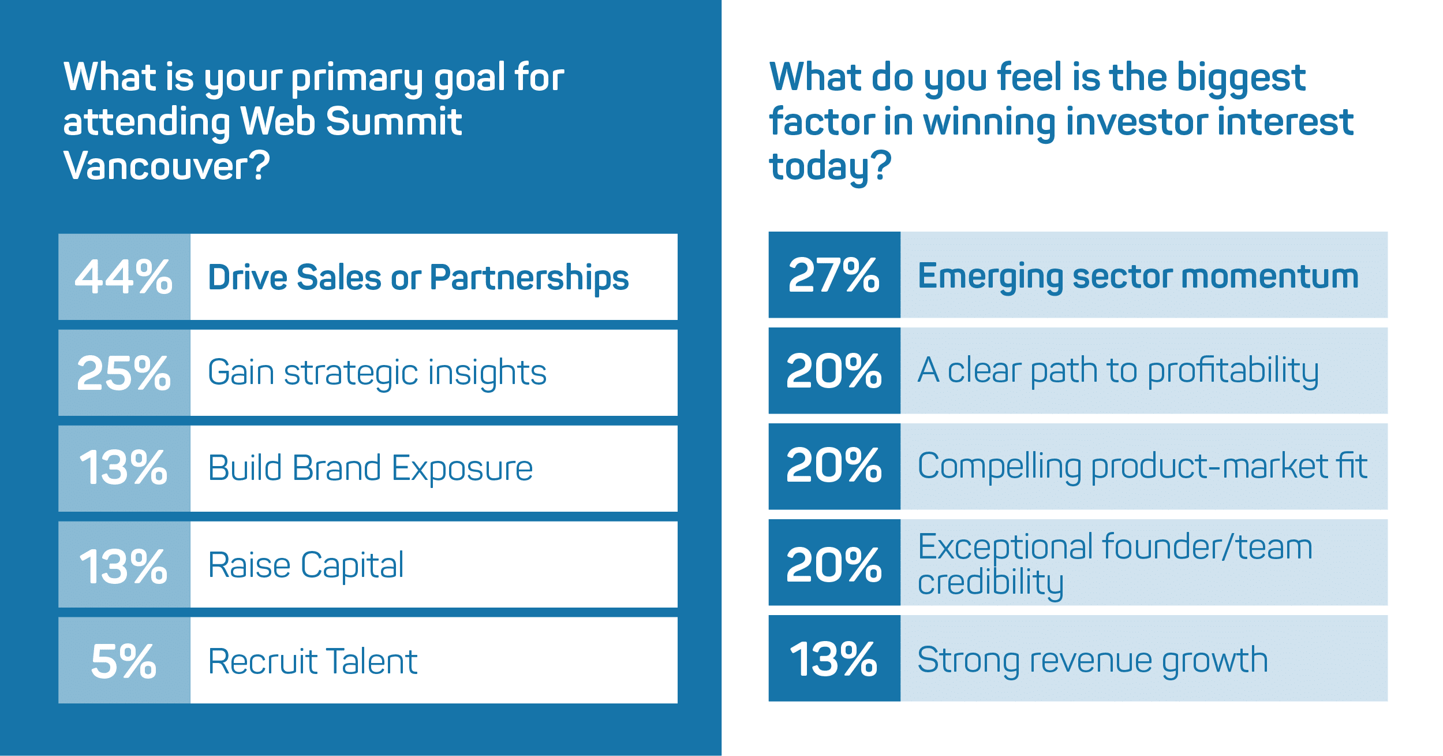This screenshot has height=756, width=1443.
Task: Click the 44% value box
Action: coord(124,277)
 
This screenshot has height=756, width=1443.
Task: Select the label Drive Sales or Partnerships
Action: coord(418,278)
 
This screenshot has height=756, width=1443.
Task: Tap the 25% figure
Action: coord(124,373)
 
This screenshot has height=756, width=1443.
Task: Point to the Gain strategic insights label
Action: coord(377,373)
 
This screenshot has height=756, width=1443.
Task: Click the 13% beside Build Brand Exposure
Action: coord(124,468)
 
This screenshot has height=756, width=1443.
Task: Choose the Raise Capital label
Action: coord(306,565)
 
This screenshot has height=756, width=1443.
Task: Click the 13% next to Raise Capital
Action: coord(124,567)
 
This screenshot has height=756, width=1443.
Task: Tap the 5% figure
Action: coord(124,662)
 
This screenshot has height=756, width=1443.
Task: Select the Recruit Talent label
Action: coord(312,661)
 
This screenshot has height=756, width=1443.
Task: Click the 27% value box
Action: coord(834,275)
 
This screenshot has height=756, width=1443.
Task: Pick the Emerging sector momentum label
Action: coord(1138,277)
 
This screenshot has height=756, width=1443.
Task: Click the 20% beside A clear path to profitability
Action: coord(834,371)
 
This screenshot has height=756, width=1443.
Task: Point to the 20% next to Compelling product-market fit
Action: coord(834,465)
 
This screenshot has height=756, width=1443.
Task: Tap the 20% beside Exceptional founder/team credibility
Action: coord(834,565)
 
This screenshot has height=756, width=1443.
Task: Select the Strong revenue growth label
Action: coord(1093,661)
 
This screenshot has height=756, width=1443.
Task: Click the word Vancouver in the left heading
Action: coord(166,166)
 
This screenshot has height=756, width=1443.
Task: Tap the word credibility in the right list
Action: coord(990,583)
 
